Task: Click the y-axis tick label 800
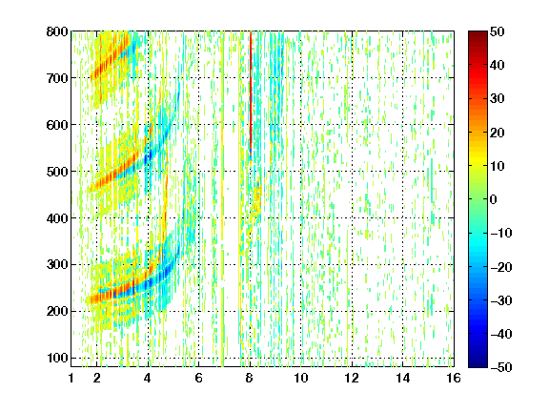click(57, 31)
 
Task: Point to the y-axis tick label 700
click(57, 78)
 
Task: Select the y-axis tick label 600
click(57, 125)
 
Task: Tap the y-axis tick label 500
click(57, 172)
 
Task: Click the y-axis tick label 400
click(57, 218)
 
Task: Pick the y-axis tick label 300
click(57, 264)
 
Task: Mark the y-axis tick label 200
click(57, 311)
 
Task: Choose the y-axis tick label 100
click(57, 358)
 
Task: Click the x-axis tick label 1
click(71, 378)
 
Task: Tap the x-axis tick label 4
click(148, 378)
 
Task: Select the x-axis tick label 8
click(250, 378)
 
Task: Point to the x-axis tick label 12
click(352, 378)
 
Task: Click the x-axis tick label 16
click(454, 378)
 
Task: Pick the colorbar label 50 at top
click(497, 31)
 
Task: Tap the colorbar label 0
click(494, 199)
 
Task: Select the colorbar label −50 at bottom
click(501, 367)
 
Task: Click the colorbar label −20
click(501, 267)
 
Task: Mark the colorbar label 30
click(497, 98)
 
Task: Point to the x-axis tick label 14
click(402, 378)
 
